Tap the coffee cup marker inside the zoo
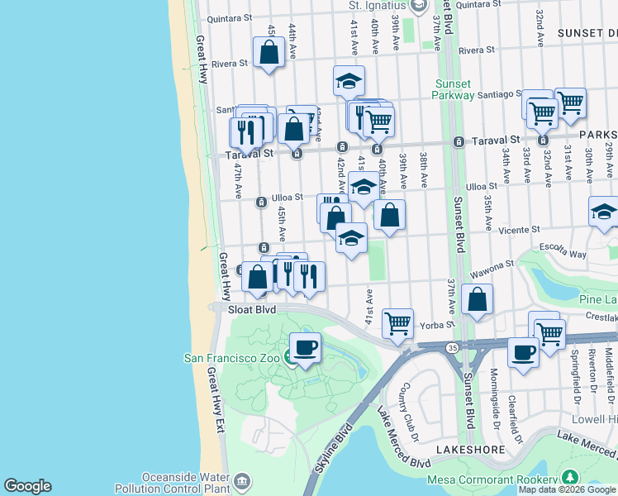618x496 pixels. point(305,348)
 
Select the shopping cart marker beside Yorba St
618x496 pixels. point(398,323)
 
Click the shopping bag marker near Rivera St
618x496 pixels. point(270,54)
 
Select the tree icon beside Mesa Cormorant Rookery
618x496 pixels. point(569,479)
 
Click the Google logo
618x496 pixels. point(27,486)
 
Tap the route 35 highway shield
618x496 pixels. point(453,349)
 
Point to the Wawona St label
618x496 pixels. point(493,265)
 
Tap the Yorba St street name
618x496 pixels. point(438,325)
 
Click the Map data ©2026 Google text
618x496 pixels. point(568,489)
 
